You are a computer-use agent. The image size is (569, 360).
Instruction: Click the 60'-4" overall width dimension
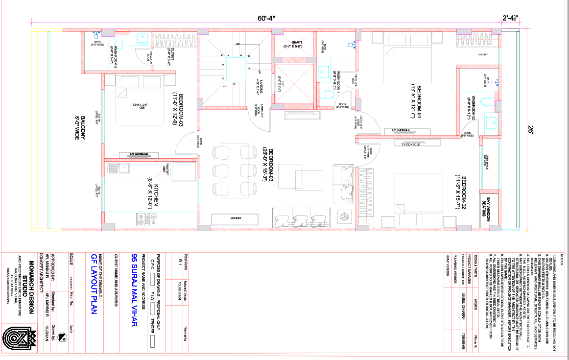[267, 18]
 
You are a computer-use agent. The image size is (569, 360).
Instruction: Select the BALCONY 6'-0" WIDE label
[80, 128]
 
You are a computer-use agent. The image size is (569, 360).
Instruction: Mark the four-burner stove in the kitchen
[142, 218]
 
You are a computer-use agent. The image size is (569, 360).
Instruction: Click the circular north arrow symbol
[62, 337]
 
